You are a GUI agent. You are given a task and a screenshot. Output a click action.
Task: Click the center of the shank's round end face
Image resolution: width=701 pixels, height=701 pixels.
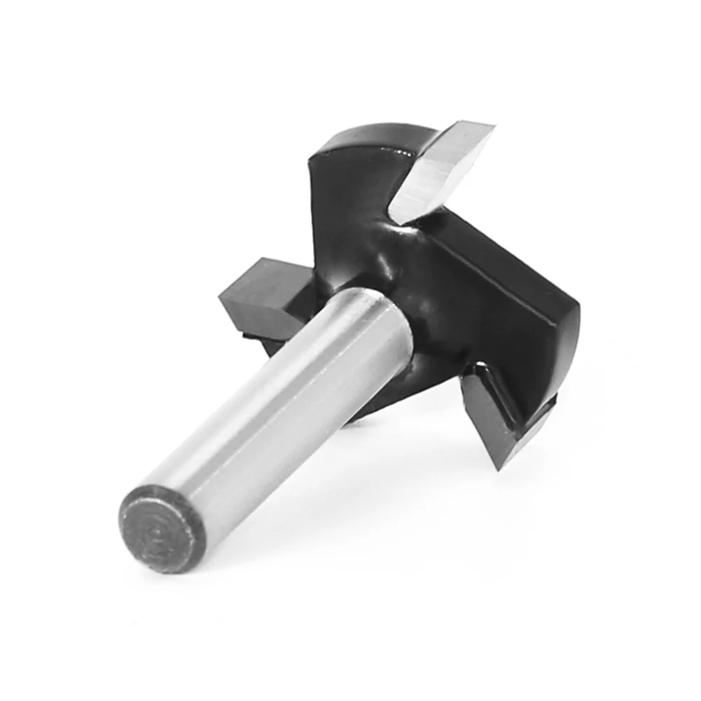click(x=162, y=527)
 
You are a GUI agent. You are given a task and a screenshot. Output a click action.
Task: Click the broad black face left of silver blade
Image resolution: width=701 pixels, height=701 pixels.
click(x=343, y=203)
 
